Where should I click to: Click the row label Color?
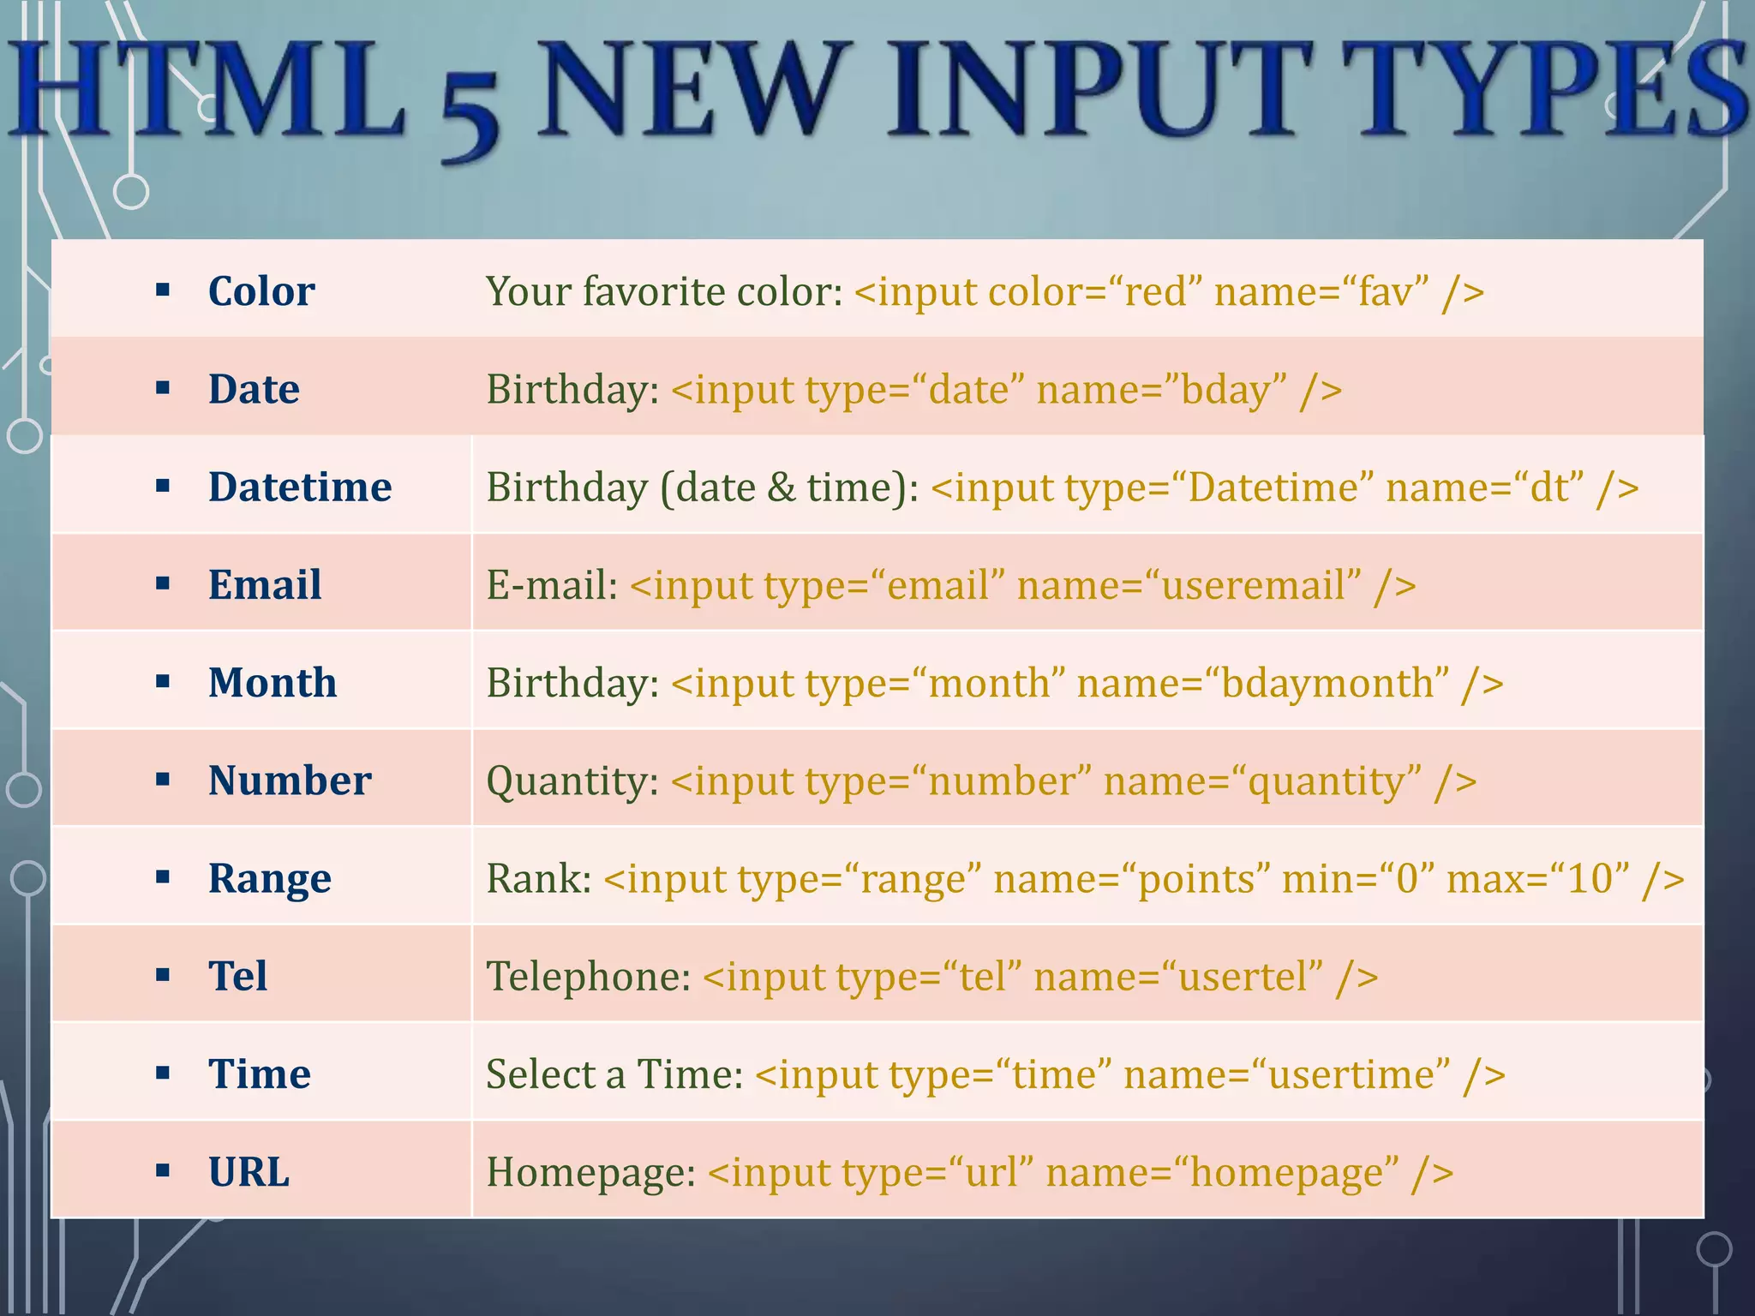tap(261, 291)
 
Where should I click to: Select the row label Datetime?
tap(300, 487)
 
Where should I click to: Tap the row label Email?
tap(265, 584)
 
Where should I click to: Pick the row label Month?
tap(273, 683)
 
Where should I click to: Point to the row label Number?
tap(290, 781)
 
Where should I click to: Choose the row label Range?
tap(269, 878)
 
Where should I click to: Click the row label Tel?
tap(237, 976)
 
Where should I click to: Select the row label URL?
tap(249, 1171)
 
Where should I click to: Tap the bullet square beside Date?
tap(163, 389)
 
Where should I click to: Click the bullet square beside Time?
tap(163, 1074)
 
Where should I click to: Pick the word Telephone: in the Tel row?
tap(588, 976)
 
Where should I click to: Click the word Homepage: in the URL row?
tap(591, 1172)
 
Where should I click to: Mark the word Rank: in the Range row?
tap(538, 878)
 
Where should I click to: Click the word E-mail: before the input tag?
tap(552, 585)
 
